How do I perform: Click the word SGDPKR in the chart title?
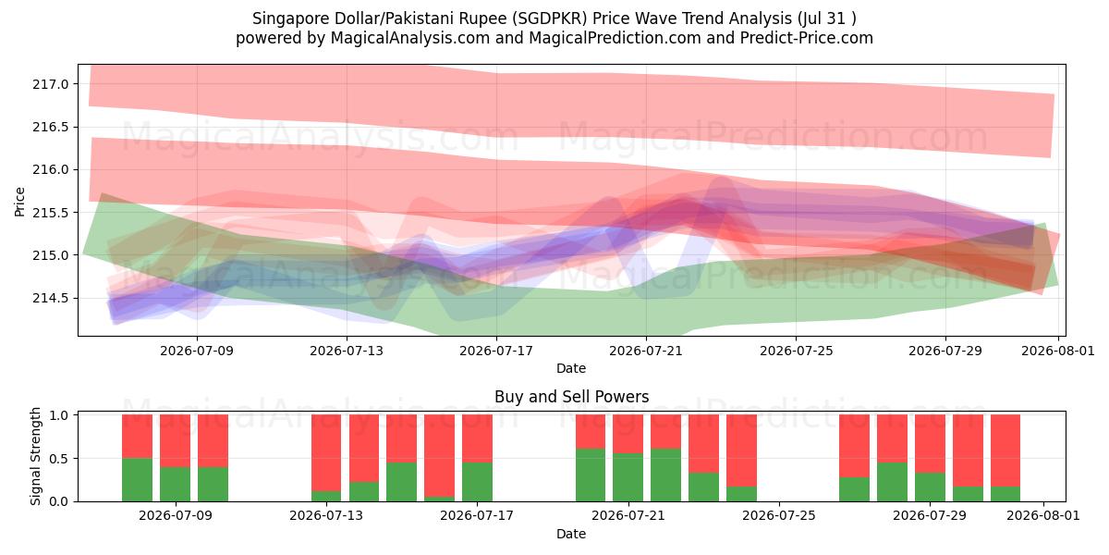(x=550, y=18)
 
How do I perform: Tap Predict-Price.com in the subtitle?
(x=807, y=38)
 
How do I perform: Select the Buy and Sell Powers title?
(x=571, y=397)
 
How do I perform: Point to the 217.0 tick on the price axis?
(x=51, y=84)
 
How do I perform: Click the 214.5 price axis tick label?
(x=51, y=298)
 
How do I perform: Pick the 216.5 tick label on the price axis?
(x=51, y=128)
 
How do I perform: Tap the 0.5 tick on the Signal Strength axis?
(x=59, y=459)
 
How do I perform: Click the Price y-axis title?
(x=19, y=202)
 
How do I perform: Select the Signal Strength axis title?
(x=35, y=456)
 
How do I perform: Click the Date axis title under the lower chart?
(x=571, y=534)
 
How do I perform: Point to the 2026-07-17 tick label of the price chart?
(x=496, y=351)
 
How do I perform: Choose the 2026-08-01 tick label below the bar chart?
(x=1043, y=515)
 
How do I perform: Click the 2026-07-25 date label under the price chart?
(x=796, y=351)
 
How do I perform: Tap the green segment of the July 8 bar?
(x=137, y=480)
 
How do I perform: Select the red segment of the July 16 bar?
(x=439, y=456)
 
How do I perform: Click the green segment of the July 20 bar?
(x=591, y=475)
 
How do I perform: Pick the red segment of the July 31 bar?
(x=1005, y=451)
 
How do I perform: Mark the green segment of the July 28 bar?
(x=892, y=482)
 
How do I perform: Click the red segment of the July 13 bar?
(x=326, y=453)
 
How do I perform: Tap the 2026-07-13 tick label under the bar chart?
(x=326, y=515)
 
